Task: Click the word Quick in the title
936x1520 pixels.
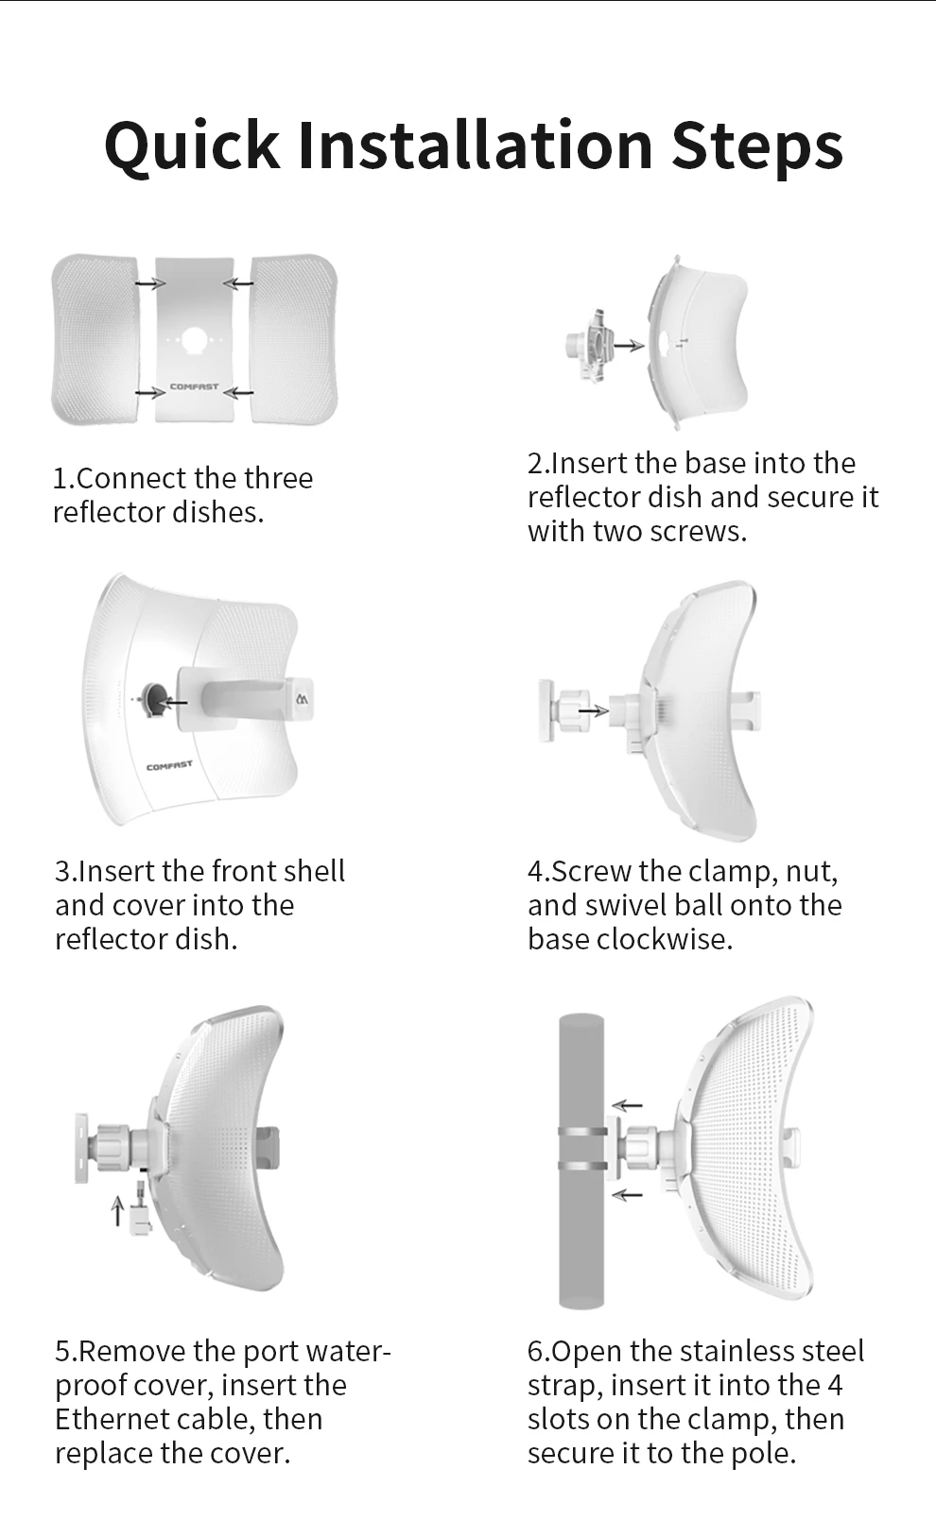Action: click(192, 145)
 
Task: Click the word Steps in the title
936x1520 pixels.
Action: click(757, 145)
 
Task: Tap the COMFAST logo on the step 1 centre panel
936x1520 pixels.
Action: click(194, 386)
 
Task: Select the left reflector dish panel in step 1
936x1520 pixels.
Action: click(95, 339)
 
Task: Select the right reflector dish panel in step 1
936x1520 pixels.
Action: click(293, 339)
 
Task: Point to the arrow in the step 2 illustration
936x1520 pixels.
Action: click(630, 346)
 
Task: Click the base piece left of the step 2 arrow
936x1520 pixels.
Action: click(588, 346)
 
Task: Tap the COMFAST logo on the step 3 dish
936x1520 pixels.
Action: click(169, 766)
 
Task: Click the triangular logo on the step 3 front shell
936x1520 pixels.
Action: click(302, 698)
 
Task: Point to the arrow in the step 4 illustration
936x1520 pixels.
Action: click(593, 710)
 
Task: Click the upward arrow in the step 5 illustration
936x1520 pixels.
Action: click(117, 1210)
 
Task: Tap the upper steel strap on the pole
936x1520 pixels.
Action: click(582, 1131)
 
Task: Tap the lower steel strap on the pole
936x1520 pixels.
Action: click(582, 1166)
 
